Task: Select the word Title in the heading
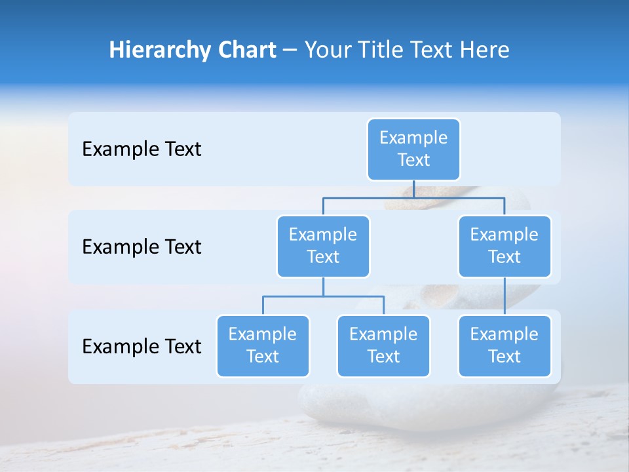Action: (x=373, y=50)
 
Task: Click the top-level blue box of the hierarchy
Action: (x=413, y=149)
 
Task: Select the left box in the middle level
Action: (x=323, y=246)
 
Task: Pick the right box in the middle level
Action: (x=505, y=246)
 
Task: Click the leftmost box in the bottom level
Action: (x=263, y=345)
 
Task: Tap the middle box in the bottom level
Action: (x=383, y=345)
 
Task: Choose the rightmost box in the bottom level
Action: (x=505, y=345)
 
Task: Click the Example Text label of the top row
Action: (x=142, y=149)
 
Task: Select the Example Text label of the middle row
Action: (x=142, y=247)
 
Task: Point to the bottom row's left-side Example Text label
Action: (x=142, y=347)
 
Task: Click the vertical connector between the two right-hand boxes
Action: (x=505, y=296)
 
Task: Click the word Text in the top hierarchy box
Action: (x=413, y=160)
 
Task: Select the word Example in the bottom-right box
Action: (x=505, y=334)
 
